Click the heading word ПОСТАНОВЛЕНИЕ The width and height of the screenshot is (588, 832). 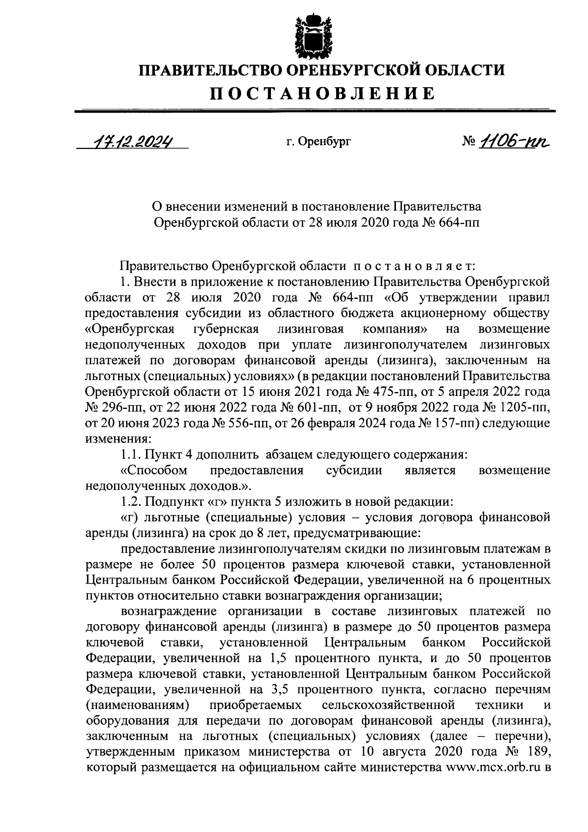322,93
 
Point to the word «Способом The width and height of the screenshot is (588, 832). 153,470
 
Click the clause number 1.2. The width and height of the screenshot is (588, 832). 131,502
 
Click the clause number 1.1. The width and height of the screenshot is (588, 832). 131,454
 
